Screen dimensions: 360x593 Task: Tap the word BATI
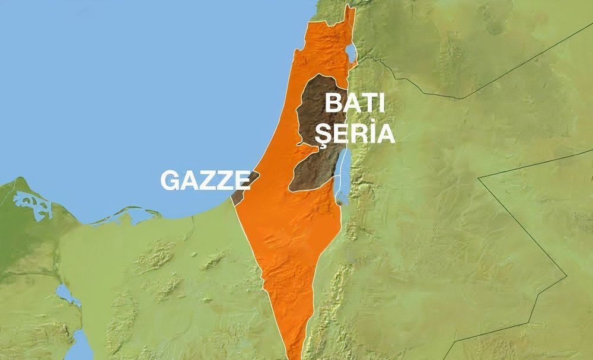coord(355,104)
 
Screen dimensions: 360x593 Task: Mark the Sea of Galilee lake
coord(351,53)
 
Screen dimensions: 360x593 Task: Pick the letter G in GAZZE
coord(170,181)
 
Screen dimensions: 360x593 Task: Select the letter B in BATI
coord(333,104)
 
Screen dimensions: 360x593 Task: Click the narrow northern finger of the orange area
coord(350,24)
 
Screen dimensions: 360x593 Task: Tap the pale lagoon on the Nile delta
coord(33,205)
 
